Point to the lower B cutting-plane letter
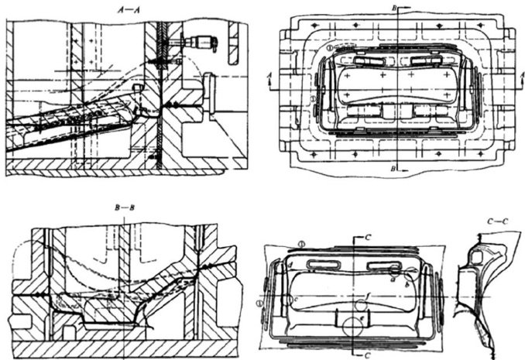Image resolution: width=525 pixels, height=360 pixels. click(x=396, y=167)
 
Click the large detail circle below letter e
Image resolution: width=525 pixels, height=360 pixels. click(x=356, y=328)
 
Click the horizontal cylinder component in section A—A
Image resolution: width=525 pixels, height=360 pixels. click(x=204, y=39)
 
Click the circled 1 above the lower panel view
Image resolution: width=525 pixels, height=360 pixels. click(x=302, y=243)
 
